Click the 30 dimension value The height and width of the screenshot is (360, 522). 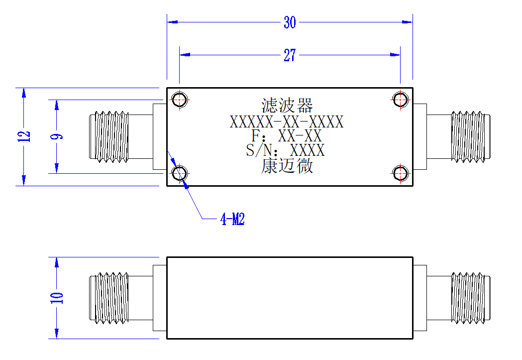(x=290, y=22)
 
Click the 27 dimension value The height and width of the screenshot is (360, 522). (x=290, y=55)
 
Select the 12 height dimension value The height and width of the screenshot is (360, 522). (x=24, y=136)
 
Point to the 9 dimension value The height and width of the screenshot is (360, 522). (x=57, y=136)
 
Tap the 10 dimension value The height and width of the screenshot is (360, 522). (x=57, y=298)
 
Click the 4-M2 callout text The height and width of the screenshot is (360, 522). (x=232, y=219)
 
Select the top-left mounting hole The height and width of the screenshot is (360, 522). (x=180, y=100)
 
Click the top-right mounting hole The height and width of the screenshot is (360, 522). (x=400, y=100)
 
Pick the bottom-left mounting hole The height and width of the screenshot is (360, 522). (x=180, y=173)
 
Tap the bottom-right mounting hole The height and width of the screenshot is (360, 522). (x=400, y=173)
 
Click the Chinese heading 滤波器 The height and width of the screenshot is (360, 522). (x=287, y=106)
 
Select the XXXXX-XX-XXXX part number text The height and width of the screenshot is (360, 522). (x=287, y=122)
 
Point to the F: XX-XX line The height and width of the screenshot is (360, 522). (x=287, y=136)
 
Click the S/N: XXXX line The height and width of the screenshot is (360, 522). (x=285, y=150)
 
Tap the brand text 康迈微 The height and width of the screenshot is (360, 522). (x=287, y=166)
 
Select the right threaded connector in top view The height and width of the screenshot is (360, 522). (x=471, y=137)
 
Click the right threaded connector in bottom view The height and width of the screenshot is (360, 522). (x=471, y=298)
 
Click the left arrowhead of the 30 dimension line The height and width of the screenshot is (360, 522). (x=172, y=22)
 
